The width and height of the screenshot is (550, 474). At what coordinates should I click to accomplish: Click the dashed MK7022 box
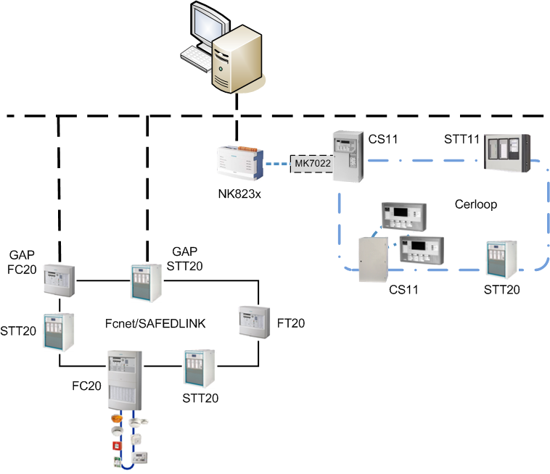pyautogui.click(x=311, y=165)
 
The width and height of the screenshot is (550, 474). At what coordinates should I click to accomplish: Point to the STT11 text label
pyautogui.click(x=462, y=138)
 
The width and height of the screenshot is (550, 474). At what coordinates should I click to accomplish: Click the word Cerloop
pyautogui.click(x=475, y=204)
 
